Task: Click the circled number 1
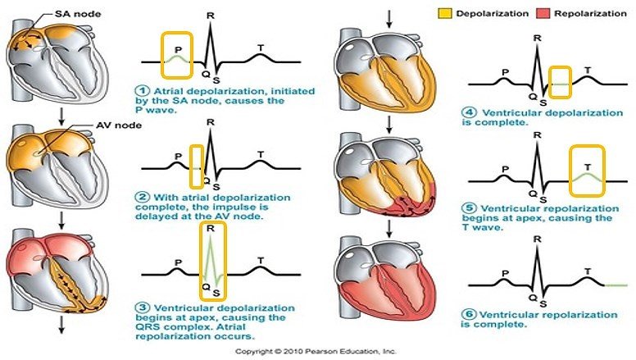142,89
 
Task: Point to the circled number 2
142,197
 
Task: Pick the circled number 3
142,305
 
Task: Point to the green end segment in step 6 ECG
616,285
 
